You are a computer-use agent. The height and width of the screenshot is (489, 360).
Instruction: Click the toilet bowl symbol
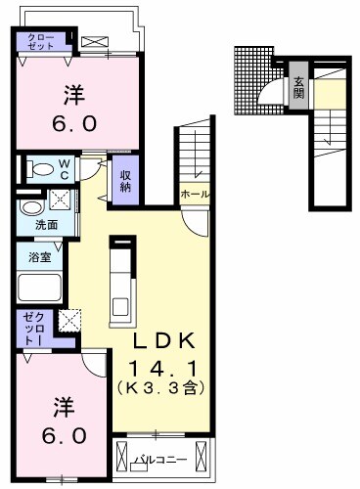(x=41, y=168)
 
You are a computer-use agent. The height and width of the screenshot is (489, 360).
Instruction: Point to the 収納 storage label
(x=126, y=179)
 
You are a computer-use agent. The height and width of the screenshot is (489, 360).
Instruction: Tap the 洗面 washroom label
(x=45, y=225)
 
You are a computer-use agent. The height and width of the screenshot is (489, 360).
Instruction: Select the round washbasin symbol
(x=30, y=206)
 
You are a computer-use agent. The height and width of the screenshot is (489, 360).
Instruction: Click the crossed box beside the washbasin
(x=61, y=200)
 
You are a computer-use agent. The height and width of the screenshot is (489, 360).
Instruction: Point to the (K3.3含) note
(x=164, y=388)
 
